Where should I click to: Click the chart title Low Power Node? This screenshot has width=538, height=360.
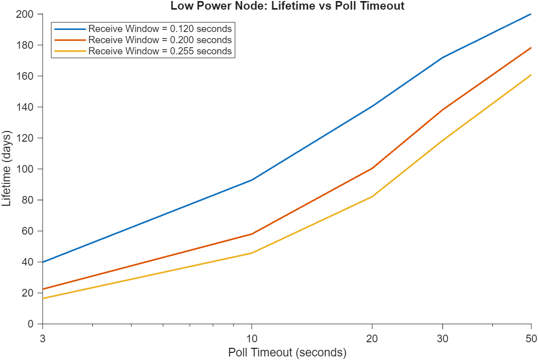[287, 6]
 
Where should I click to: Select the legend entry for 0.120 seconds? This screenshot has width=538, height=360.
[160, 28]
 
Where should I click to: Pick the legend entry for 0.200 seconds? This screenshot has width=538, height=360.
[160, 40]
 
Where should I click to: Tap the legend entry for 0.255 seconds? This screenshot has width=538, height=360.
[160, 51]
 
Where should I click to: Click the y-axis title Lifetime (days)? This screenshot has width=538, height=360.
[7, 169]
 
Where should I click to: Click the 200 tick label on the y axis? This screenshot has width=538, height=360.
[27, 14]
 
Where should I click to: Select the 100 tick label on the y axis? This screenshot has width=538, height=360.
[27, 169]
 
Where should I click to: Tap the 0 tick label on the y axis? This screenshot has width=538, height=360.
[31, 324]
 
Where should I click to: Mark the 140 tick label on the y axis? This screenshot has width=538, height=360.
[27, 107]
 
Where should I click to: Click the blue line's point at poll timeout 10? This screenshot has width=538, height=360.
[252, 180]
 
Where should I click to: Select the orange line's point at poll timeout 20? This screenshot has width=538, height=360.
[373, 168]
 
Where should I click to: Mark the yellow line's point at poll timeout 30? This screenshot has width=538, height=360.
[443, 141]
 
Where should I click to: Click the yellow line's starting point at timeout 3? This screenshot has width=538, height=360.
[43, 299]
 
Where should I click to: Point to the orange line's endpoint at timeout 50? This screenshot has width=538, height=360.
[531, 48]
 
